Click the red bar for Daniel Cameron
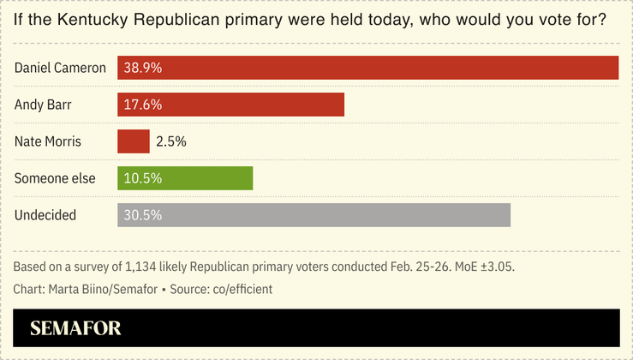[x=367, y=68]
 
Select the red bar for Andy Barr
[x=230, y=105]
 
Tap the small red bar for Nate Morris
[x=133, y=141]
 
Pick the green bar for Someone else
[x=185, y=178]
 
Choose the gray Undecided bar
[x=314, y=215]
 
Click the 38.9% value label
[x=142, y=68]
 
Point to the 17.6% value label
[x=142, y=105]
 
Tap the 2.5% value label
[x=170, y=141]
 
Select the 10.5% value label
[x=142, y=178]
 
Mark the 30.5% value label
[x=142, y=215]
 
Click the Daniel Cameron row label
[x=60, y=68]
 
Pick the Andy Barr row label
[x=44, y=105]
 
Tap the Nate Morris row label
[x=48, y=141]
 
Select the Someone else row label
[x=55, y=178]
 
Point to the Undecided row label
[x=45, y=215]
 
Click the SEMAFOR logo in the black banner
[x=75, y=328]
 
